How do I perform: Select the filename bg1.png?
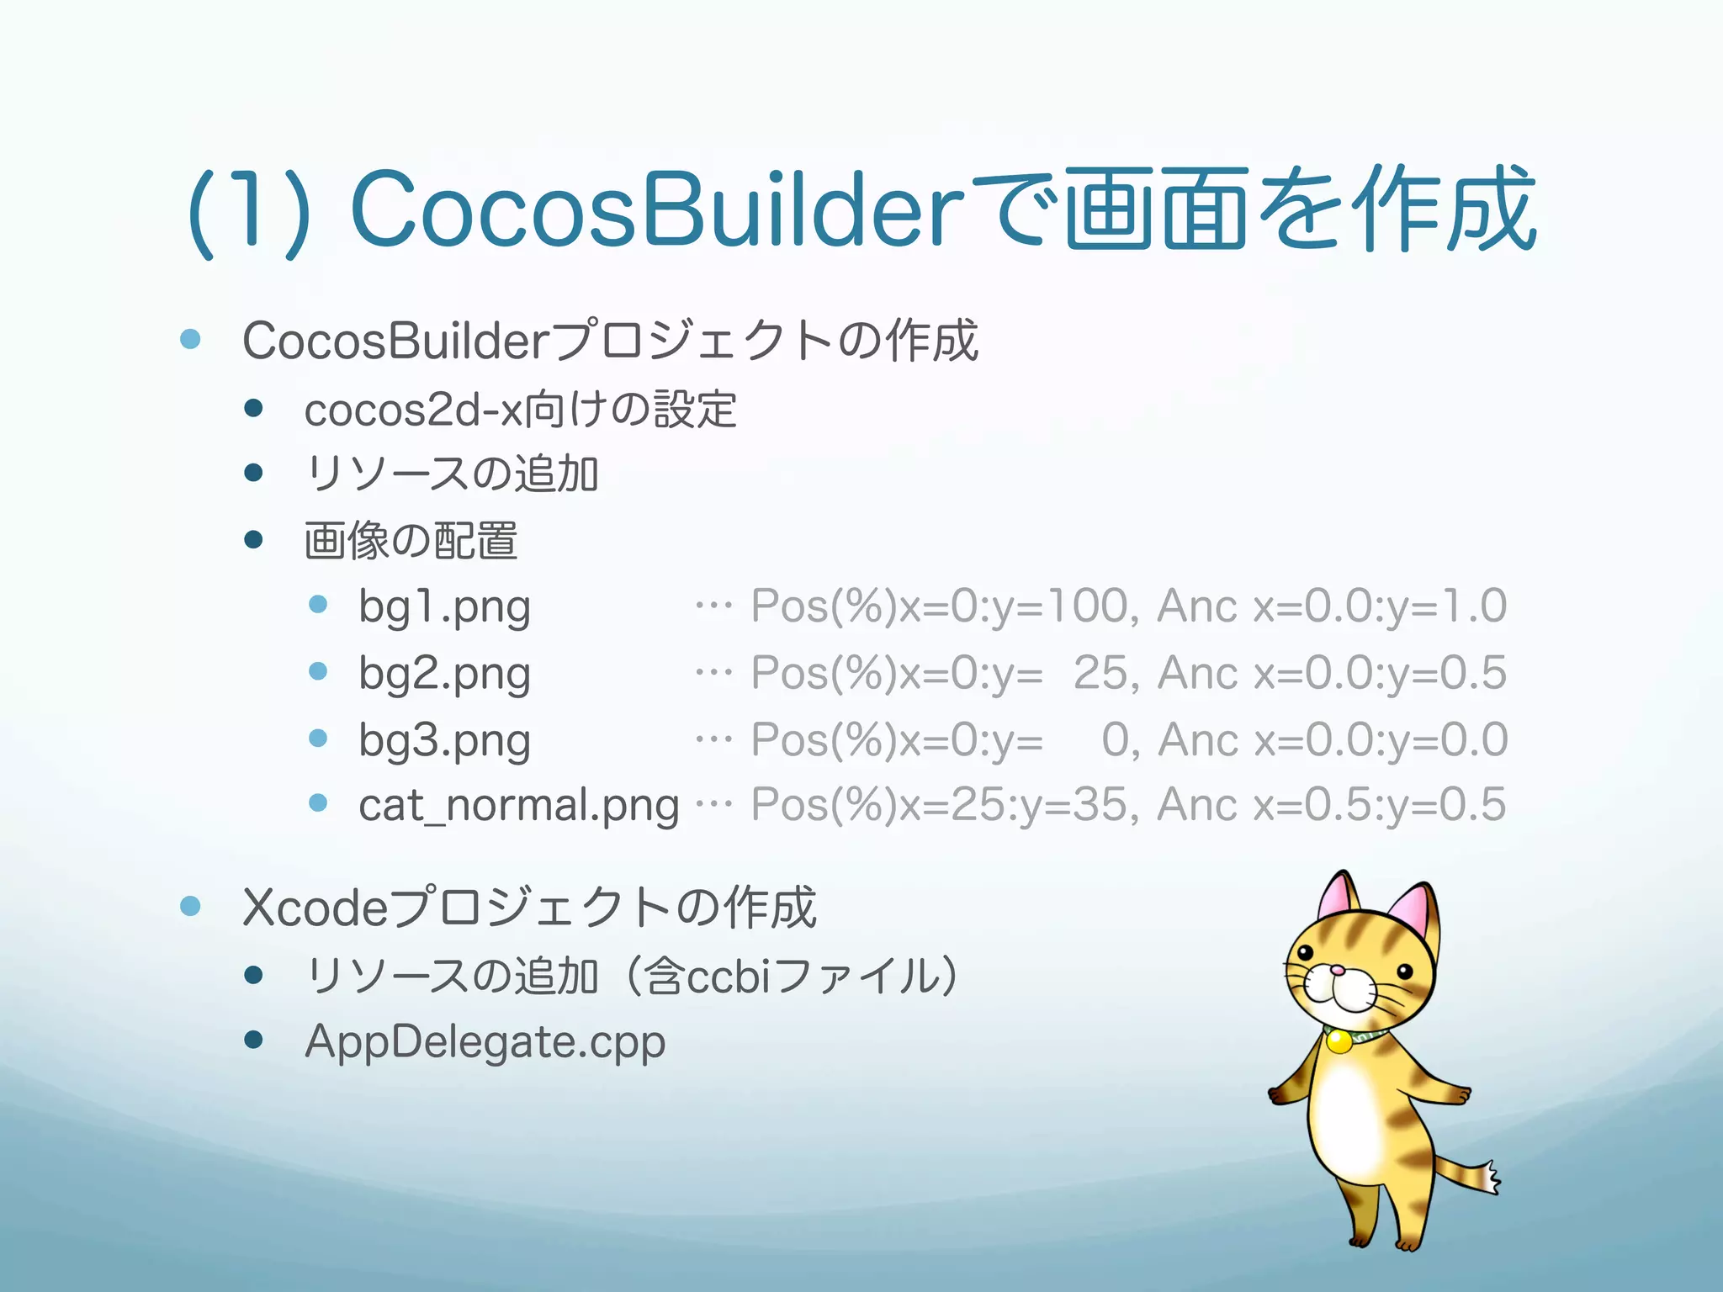444,607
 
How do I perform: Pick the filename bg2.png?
444,674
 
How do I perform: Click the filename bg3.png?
444,741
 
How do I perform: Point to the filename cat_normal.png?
518,806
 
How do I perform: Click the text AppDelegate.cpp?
485,1042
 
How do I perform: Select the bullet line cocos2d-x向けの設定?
520,410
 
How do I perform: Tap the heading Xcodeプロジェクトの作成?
528,908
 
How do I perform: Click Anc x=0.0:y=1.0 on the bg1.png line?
1331,606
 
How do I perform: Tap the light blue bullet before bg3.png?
318,739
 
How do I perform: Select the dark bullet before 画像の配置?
253,539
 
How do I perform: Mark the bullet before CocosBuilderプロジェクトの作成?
191,339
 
